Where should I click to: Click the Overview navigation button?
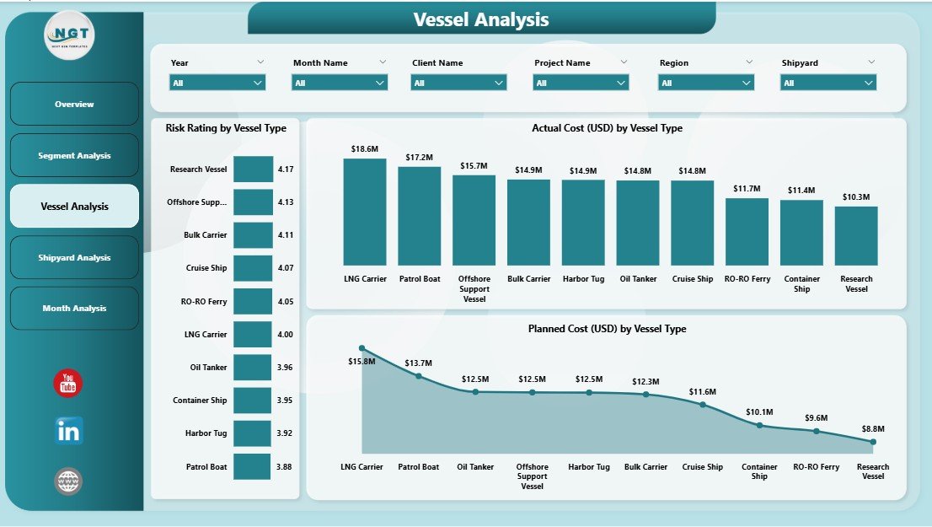tap(74, 104)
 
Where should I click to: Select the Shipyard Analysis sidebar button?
tap(74, 257)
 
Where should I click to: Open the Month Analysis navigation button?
tap(74, 309)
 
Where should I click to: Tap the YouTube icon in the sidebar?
tap(68, 384)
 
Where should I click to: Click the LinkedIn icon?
tap(68, 431)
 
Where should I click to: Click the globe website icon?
tap(68, 481)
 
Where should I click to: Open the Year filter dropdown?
tap(217, 83)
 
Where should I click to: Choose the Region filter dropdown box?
tap(706, 83)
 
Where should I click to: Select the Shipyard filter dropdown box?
tap(828, 83)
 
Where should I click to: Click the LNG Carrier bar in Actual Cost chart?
tap(364, 212)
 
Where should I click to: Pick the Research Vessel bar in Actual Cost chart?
tap(856, 236)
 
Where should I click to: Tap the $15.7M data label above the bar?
tap(474, 165)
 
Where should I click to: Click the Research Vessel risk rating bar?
tap(253, 169)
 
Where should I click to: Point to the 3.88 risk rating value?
tap(286, 466)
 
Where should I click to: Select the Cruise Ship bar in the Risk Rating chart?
tap(253, 268)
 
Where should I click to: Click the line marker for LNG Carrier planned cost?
tap(362, 348)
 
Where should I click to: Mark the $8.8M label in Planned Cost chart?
tap(873, 428)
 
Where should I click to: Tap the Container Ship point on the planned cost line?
tap(759, 425)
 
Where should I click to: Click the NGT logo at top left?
tap(69, 35)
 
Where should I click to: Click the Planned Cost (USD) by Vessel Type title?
tap(607, 329)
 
